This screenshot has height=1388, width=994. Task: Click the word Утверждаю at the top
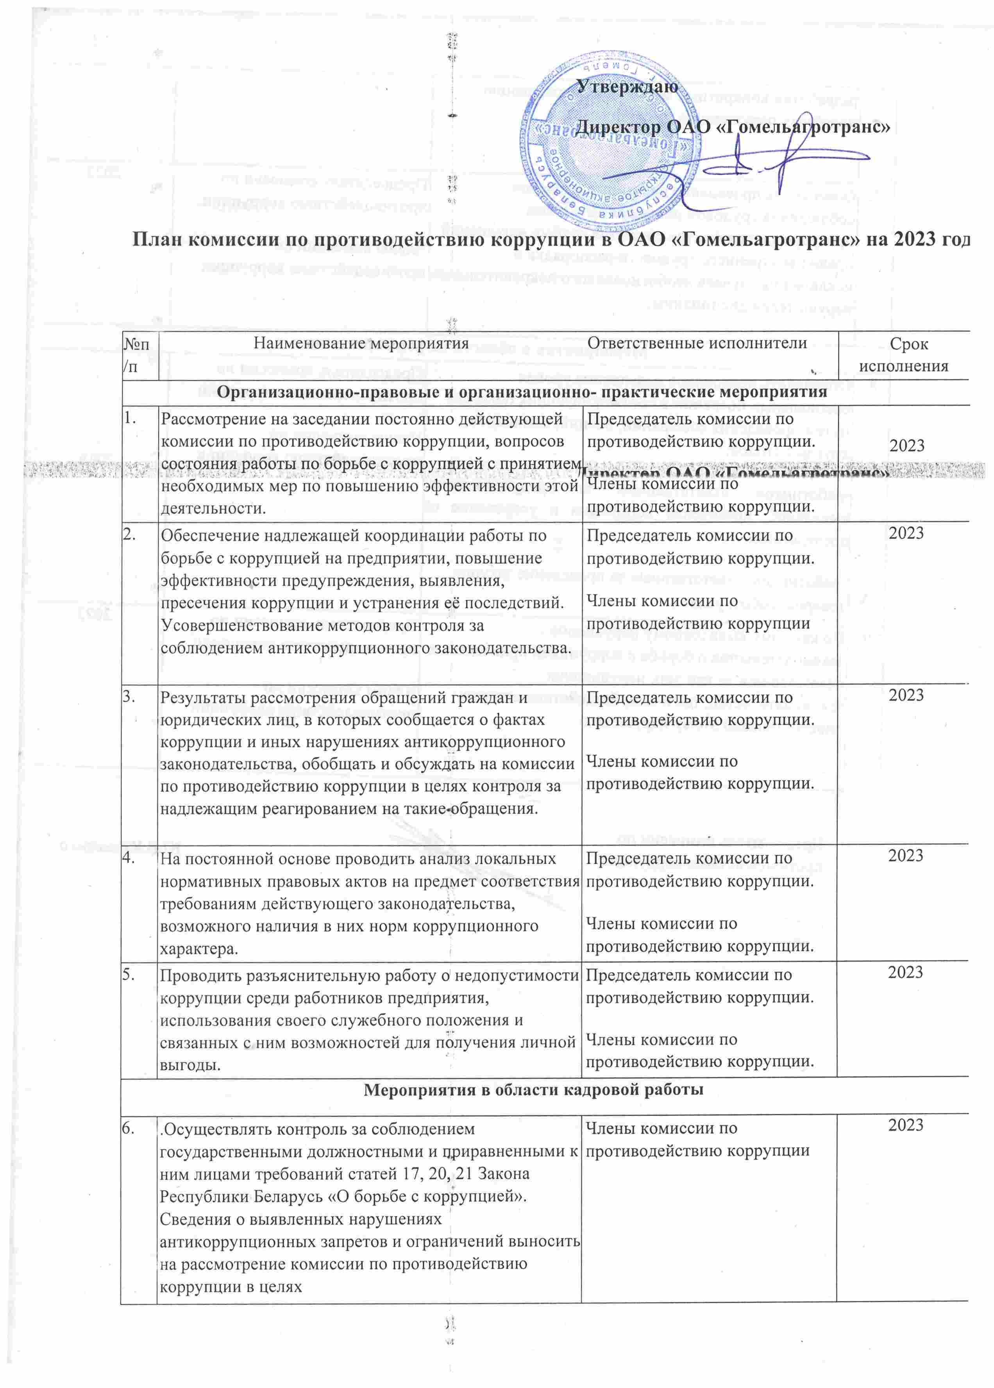(x=628, y=87)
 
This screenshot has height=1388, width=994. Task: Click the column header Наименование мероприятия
(x=361, y=343)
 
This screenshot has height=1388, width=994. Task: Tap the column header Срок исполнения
(x=904, y=355)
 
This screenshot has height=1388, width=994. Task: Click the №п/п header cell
(x=139, y=355)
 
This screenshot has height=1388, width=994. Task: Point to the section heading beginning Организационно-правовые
(x=522, y=392)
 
